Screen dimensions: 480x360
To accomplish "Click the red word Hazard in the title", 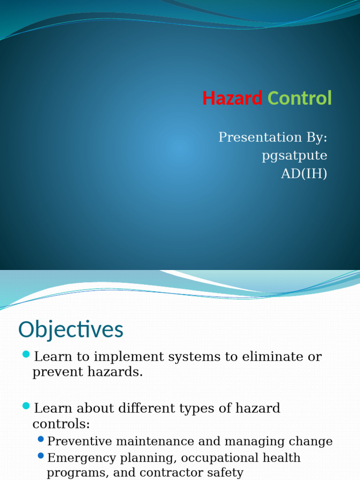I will pos(232,98).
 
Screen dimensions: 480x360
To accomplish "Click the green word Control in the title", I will pos(300,98).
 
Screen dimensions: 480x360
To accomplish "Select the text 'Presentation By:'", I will pos(272,137).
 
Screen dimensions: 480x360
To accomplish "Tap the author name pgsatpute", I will pos(294,156).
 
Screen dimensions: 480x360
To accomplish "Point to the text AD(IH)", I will pos(304,173).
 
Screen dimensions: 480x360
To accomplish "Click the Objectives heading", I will pos(71,330).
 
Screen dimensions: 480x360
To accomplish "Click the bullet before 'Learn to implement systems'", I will pos(26,353).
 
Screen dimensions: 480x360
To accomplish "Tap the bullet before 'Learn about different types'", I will pos(26,405).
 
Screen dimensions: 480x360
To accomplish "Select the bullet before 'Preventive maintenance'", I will pos(41,439).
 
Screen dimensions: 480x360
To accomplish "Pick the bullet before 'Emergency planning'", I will pos(41,455).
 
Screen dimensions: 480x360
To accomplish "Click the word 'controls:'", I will pos(60,424).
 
